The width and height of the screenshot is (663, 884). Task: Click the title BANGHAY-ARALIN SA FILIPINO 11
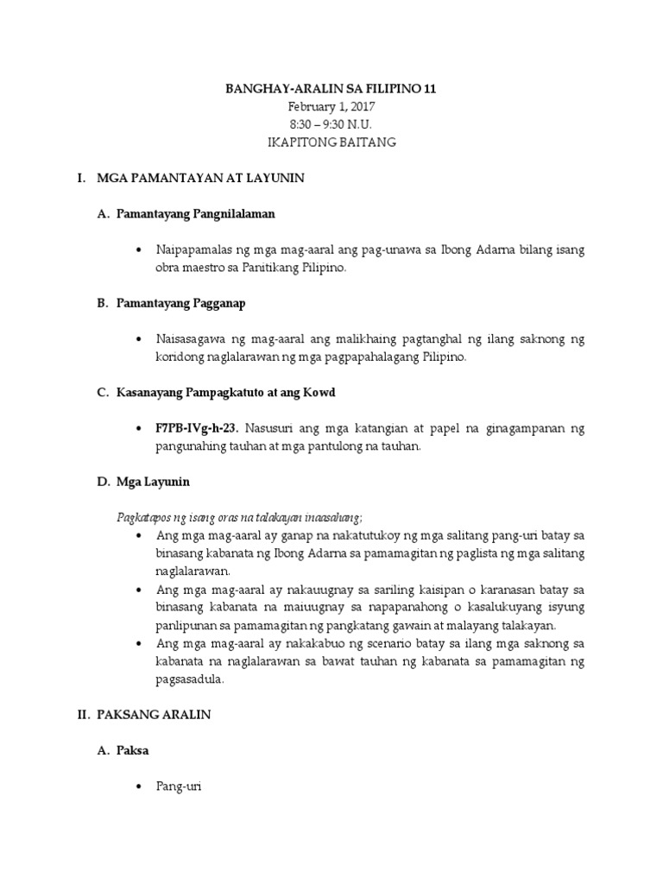[331, 89]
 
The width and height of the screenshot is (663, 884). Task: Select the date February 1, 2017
[331, 106]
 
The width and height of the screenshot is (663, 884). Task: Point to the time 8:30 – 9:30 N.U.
[331, 124]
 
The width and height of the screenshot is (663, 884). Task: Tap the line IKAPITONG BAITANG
[331, 142]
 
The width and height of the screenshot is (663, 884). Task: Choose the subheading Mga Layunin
[153, 481]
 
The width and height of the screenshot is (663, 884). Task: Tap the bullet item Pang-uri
[178, 787]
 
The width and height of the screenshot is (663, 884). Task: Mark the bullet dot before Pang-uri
[139, 787]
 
